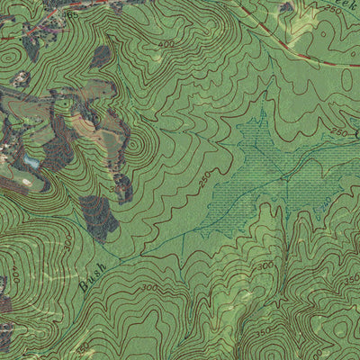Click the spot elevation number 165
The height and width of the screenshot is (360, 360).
[72, 15]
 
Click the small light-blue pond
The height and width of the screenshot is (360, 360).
[31, 161]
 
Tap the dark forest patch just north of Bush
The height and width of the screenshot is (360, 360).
[100, 216]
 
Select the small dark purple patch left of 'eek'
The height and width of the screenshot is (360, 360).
[286, 8]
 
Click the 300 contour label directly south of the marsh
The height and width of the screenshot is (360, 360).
[266, 266]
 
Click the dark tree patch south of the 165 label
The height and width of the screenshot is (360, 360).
[99, 57]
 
